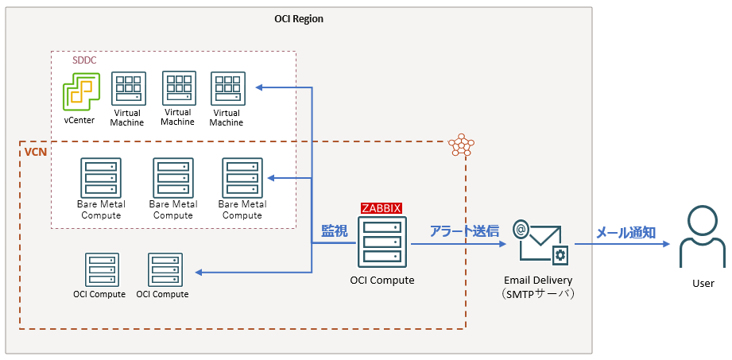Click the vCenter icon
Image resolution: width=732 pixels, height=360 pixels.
79,92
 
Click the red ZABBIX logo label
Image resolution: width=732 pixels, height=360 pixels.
381,208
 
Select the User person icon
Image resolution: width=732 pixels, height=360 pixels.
703,239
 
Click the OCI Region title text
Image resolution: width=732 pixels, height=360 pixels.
298,18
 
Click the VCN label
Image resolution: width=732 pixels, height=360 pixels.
35,151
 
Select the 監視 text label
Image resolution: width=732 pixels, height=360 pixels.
334,231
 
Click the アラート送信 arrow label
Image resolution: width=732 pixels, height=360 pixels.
464,231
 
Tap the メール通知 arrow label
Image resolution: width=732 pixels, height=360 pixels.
625,232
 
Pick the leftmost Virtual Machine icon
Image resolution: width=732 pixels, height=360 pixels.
128,90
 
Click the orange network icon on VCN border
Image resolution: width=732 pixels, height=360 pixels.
461,145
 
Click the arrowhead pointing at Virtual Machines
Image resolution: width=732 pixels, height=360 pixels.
260,87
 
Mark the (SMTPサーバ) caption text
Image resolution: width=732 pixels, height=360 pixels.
538,294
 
